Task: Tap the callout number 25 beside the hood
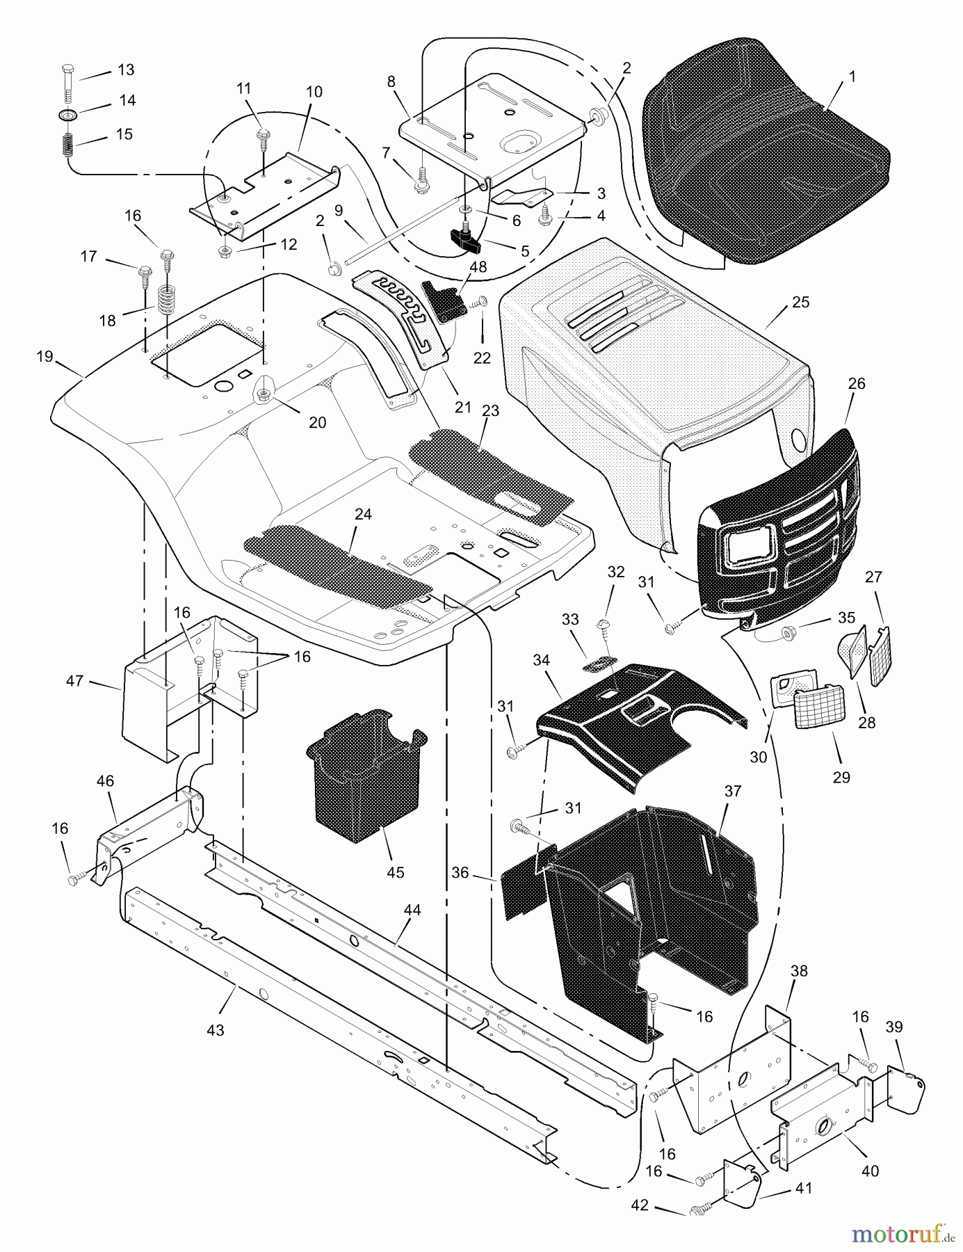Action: pyautogui.click(x=800, y=302)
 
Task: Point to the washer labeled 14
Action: pyautogui.click(x=68, y=113)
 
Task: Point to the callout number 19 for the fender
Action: pyautogui.click(x=44, y=356)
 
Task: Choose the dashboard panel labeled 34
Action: pyautogui.click(x=626, y=723)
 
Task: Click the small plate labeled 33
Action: pyautogui.click(x=601, y=664)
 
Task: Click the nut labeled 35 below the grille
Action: pyautogui.click(x=788, y=632)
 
